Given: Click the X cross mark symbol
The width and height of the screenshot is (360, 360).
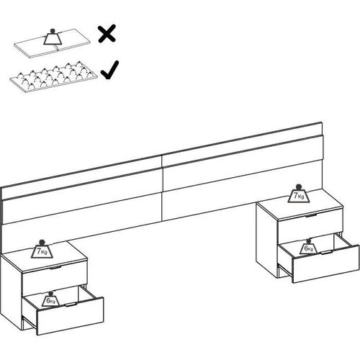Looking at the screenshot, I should point(107,34).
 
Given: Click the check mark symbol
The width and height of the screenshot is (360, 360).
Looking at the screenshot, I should point(109,71).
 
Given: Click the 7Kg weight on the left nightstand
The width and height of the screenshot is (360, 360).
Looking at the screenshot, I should point(41,251).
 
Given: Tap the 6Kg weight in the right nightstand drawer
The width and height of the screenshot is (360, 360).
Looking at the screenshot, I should point(307,247).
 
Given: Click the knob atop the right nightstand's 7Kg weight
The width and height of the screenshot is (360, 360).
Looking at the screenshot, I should point(297,186).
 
